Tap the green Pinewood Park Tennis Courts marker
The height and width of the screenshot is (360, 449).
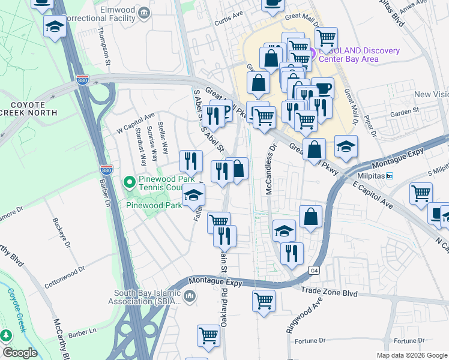128,181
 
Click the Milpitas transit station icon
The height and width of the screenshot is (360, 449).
390,176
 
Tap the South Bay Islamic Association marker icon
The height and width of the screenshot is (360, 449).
190,296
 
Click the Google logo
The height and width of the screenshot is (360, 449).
20,353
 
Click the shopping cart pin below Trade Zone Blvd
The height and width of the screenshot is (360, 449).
264,300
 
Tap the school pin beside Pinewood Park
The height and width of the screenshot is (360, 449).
193,194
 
